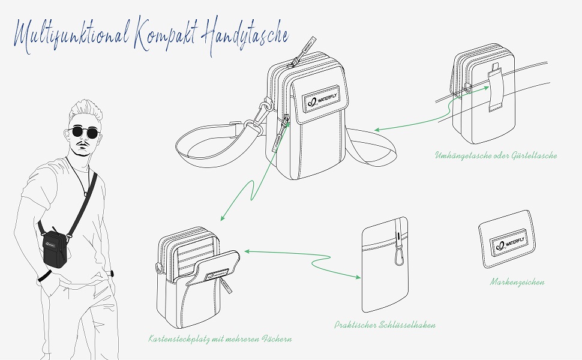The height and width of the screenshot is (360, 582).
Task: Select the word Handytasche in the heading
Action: [x=242, y=34]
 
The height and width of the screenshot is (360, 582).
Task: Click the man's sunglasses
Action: [x=84, y=132]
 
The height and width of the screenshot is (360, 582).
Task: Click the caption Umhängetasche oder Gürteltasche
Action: [x=496, y=155]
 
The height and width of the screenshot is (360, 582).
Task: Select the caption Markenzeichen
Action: [x=517, y=281]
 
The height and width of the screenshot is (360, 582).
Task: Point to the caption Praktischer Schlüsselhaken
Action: [x=385, y=325]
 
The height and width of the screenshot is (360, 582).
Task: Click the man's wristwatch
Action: [x=112, y=274]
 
